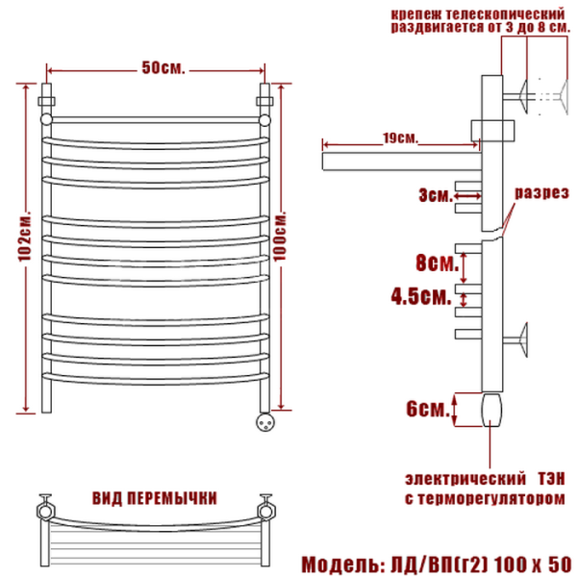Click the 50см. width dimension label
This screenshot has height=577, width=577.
(x=163, y=67)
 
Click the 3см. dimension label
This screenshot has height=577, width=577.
(x=436, y=195)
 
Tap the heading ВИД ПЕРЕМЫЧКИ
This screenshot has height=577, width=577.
(x=154, y=498)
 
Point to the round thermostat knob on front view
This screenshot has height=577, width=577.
(x=266, y=419)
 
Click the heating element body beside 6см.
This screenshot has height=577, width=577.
(x=491, y=409)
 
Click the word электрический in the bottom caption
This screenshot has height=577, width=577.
(x=460, y=478)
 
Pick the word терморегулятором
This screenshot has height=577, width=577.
(x=501, y=499)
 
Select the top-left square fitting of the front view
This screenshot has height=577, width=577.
(x=45, y=99)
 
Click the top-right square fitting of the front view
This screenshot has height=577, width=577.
(x=265, y=99)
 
